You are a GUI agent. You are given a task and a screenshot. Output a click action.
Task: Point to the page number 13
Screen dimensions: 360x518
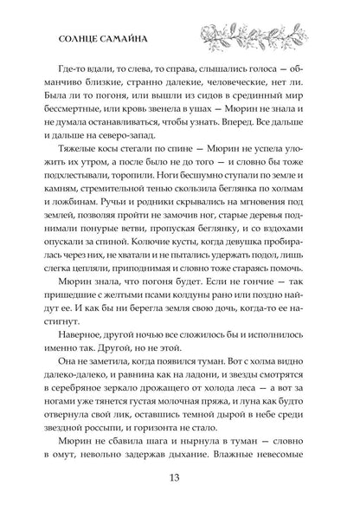[x=179, y=491]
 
